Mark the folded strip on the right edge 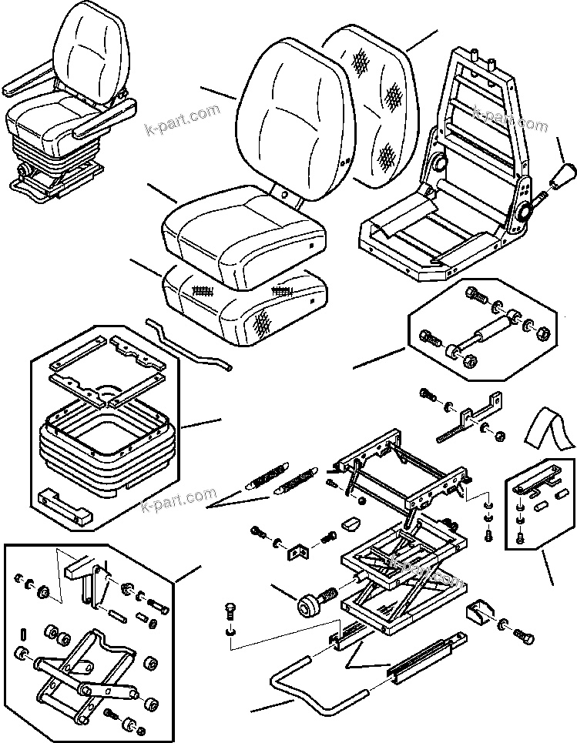coord(551,432)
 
